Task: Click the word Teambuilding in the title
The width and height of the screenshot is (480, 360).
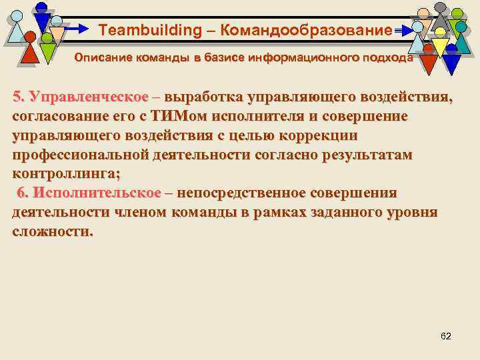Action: (140, 30)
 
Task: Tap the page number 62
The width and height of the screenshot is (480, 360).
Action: (446, 335)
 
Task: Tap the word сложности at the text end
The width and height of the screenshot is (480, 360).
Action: (53, 231)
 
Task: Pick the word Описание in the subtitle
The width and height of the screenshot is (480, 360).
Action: (99, 58)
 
